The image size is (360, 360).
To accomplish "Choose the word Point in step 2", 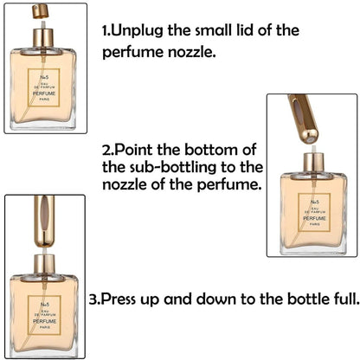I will [134, 148].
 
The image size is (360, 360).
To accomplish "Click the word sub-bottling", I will [174, 166].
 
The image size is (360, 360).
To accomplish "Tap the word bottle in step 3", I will [297, 300].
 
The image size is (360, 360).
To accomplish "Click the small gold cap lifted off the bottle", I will [40, 11].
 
